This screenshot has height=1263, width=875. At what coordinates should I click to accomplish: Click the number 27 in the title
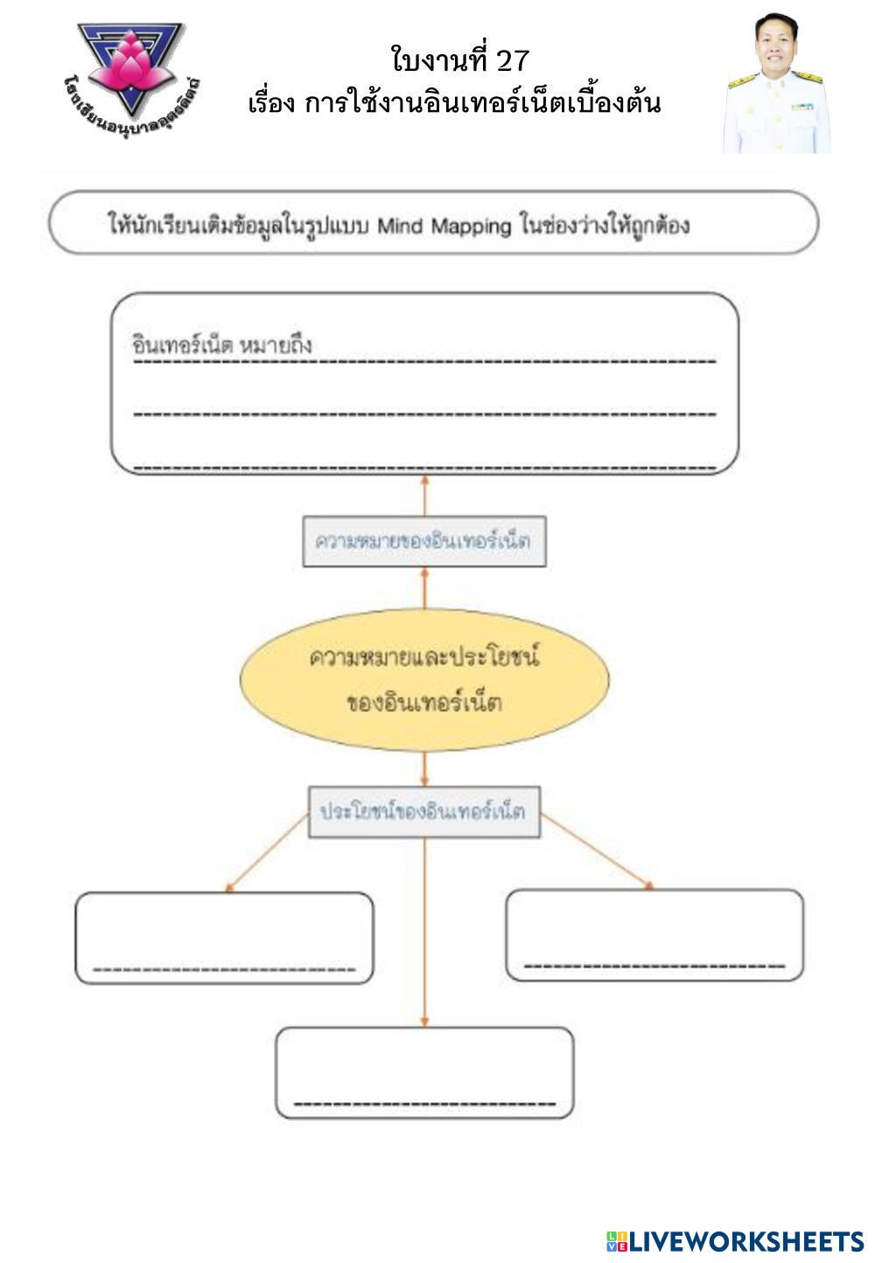pos(512,59)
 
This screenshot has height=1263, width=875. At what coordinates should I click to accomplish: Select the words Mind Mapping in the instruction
pos(444,227)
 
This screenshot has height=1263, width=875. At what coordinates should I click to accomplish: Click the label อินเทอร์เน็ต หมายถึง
pos(221,345)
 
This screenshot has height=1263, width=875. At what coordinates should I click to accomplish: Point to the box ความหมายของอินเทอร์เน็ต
pos(424,541)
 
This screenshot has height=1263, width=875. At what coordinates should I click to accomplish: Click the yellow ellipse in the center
pos(424,680)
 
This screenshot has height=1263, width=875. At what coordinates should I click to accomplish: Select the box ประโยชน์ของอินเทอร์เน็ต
pos(424,812)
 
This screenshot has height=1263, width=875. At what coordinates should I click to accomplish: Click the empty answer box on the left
pos(224,938)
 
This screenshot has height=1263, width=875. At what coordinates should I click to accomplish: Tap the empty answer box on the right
pos(654,935)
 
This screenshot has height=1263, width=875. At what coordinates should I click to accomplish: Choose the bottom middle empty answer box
pos(424,1072)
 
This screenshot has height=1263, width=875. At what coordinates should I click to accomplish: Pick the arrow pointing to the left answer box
pos(267,853)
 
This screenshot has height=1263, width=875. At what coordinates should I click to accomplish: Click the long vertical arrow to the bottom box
pos(424,932)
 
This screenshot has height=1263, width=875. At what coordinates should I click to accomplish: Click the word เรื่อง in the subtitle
pos(271,103)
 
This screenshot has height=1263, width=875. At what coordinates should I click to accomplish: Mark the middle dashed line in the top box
pos(424,415)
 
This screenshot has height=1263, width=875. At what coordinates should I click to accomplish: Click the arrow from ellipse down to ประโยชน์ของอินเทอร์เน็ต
pos(424,769)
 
